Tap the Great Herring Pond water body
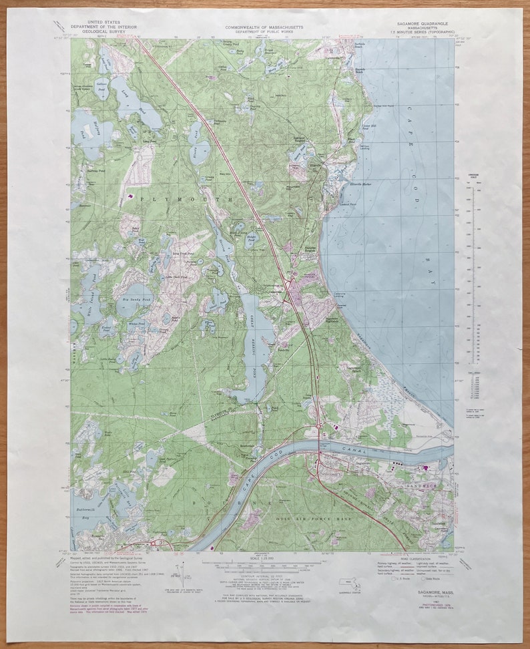pos(256,341)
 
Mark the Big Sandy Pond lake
pos(134,294)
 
